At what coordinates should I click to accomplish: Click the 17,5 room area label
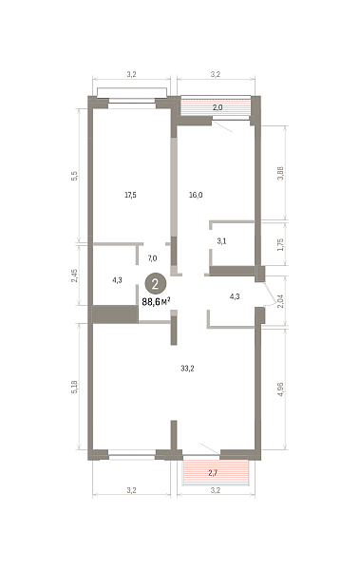(130, 195)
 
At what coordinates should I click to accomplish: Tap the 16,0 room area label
(196, 195)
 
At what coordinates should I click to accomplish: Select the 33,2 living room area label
(187, 369)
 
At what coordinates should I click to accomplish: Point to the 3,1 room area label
(221, 241)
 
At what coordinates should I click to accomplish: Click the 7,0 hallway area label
(152, 258)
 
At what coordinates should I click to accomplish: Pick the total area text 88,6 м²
(157, 302)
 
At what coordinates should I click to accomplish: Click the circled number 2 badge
(156, 284)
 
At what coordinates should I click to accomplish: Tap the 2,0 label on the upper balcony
(218, 107)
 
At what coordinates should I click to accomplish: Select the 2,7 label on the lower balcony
(213, 473)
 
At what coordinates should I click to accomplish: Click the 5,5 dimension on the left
(74, 177)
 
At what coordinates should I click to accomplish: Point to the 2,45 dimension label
(74, 275)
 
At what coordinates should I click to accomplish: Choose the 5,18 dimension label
(74, 387)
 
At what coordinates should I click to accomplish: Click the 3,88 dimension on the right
(280, 173)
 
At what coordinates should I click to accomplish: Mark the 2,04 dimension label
(280, 301)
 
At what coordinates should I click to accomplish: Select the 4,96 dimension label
(280, 389)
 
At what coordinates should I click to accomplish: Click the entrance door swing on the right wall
(270, 294)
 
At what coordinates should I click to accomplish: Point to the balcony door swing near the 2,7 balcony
(210, 448)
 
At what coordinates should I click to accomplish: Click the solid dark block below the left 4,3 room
(115, 314)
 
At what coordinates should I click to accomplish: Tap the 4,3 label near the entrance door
(235, 296)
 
